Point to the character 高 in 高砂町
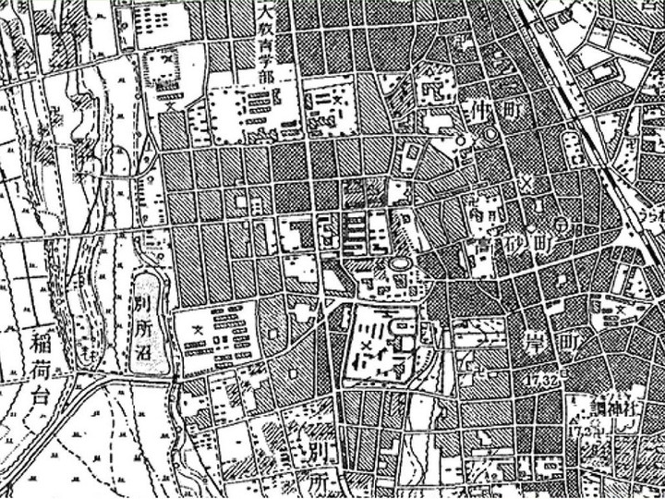click(x=483, y=248)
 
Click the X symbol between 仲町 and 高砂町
click(x=527, y=181)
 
